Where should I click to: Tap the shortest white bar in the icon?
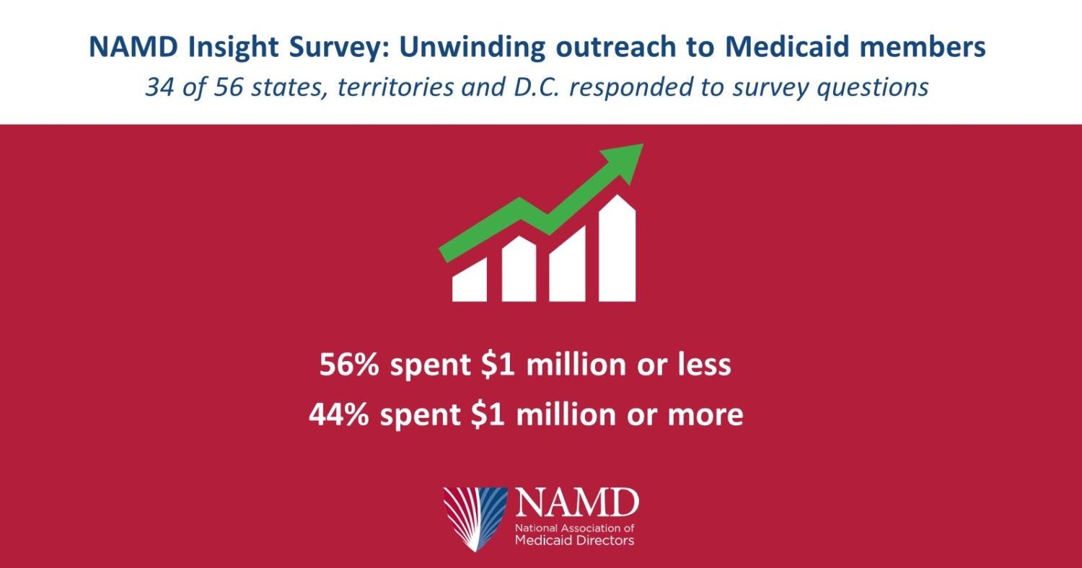click(x=469, y=281)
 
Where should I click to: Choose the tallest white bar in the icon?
click(x=617, y=249)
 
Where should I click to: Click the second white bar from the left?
click(x=519, y=270)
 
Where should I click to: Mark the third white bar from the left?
click(x=567, y=265)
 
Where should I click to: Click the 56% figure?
click(x=348, y=365)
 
